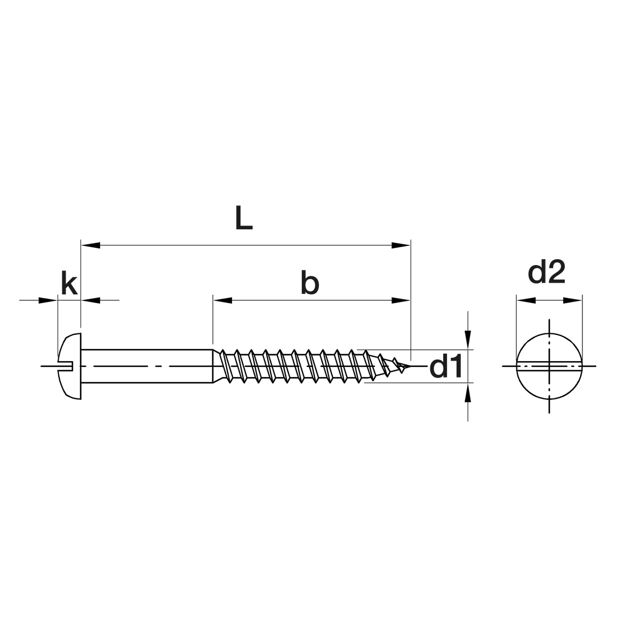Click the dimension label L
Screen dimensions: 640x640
(x=244, y=218)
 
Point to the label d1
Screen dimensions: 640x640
(x=445, y=366)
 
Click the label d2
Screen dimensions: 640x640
(x=546, y=271)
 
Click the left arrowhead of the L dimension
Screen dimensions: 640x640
(x=91, y=245)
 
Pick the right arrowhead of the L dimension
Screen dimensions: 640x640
(x=401, y=245)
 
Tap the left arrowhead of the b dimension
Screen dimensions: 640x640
(x=222, y=301)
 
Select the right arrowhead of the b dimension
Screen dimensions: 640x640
(x=401, y=301)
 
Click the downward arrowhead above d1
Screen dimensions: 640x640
(x=468, y=340)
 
